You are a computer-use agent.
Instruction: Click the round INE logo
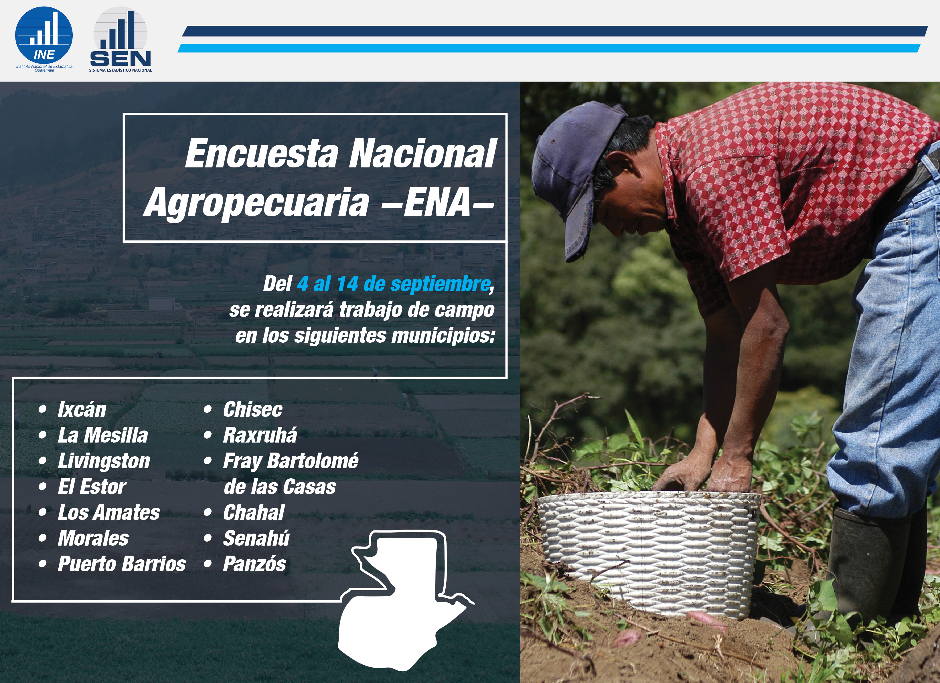44,36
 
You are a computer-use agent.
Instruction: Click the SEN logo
120,40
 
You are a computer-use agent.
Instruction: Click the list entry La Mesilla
103,435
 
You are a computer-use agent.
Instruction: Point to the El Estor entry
92,487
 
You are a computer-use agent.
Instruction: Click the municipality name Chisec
253,409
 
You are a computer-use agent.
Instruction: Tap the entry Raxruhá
260,435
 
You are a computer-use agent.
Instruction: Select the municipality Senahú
256,538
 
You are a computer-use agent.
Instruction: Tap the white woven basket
649,553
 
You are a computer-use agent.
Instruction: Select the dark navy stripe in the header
554,31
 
